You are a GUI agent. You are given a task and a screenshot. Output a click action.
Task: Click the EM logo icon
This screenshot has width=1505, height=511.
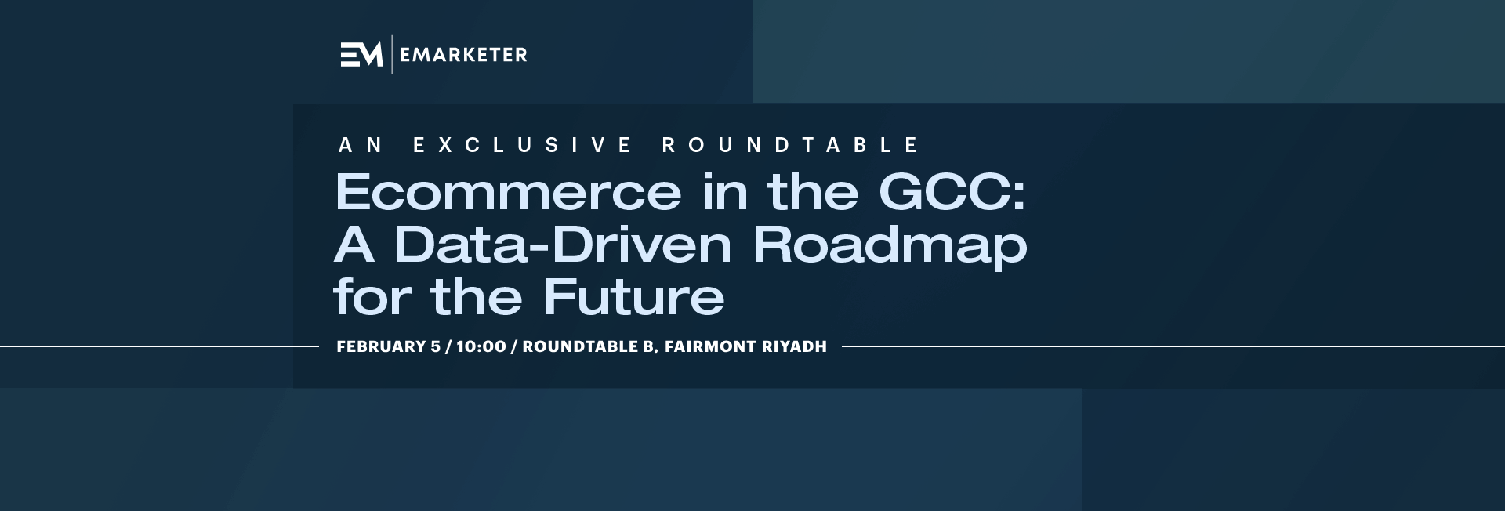pos(361,54)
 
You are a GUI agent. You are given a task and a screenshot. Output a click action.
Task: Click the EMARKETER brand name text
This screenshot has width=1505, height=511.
pos(463,55)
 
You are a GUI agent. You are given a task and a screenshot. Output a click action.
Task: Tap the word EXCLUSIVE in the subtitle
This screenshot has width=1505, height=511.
pos(523,145)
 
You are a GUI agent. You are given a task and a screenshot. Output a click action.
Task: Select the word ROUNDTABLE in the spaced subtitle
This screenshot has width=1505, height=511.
pos(791,145)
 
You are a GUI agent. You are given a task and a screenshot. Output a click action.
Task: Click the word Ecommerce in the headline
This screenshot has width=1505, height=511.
pos(508,192)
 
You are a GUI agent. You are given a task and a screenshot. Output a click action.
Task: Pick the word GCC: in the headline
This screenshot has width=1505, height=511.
pos(952,192)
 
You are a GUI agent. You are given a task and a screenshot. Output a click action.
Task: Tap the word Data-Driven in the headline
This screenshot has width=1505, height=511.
pos(563,244)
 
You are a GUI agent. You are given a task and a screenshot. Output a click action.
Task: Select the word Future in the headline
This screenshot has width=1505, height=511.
pos(634,296)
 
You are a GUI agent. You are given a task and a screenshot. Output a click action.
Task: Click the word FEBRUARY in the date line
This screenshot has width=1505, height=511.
pos(381,346)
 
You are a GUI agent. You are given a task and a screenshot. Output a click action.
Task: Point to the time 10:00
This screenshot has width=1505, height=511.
pos(481,346)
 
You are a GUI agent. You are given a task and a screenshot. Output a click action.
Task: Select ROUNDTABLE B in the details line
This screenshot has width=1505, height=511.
pos(588,346)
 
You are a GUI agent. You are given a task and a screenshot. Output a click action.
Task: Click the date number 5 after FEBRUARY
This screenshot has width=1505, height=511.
pos(436,346)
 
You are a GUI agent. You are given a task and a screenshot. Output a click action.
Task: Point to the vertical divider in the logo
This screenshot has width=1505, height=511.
pos(392,54)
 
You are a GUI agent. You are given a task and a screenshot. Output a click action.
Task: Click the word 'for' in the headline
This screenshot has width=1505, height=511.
pos(372,296)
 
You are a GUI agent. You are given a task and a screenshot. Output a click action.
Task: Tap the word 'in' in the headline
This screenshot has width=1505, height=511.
pos(724,192)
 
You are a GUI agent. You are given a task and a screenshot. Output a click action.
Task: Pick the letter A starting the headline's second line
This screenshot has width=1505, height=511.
pos(354,244)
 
